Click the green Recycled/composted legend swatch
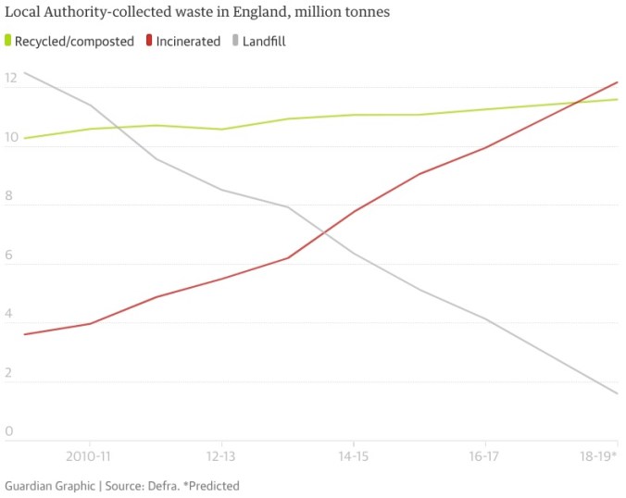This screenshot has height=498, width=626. tap(8, 41)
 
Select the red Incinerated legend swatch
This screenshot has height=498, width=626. tap(150, 41)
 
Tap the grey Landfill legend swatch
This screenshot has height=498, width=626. tap(234, 41)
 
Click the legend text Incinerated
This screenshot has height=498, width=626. tap(189, 41)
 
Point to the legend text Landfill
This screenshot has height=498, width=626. tap(264, 41)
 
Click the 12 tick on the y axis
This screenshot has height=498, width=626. tap(11, 79)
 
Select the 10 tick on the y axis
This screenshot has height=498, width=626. tap(11, 138)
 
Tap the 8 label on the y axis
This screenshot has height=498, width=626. tap(8, 196)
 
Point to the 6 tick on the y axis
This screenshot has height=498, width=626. tap(8, 255)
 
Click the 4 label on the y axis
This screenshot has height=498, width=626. tap(8, 314)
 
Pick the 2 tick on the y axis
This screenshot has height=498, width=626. tap(8, 373)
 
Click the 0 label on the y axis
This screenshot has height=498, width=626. tap(8, 431)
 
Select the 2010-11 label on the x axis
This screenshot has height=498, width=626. tap(89, 456)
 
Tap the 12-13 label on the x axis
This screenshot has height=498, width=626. tap(220, 456)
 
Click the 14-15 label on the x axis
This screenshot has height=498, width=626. tap(353, 456)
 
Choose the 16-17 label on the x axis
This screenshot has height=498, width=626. tap(485, 456)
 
